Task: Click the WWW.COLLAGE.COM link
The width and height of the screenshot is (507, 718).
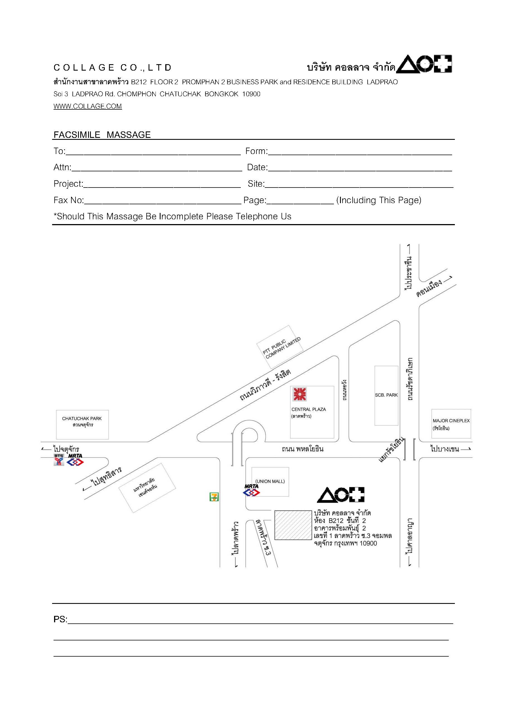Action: click(88, 106)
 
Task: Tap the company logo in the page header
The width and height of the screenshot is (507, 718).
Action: click(424, 64)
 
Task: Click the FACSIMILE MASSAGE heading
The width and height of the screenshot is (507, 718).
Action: click(102, 135)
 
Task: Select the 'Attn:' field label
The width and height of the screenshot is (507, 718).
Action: click(62, 167)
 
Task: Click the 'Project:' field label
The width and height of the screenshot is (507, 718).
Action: click(68, 184)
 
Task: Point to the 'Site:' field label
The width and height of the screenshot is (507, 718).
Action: click(256, 184)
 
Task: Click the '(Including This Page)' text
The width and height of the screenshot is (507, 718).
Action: click(379, 200)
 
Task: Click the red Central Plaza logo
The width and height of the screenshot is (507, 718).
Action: click(299, 394)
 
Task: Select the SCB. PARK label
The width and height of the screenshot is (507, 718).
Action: click(386, 395)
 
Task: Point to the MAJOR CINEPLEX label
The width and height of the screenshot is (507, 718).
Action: click(451, 421)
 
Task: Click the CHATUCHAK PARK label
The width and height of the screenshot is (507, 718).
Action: click(82, 418)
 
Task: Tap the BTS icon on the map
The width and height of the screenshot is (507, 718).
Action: click(59, 460)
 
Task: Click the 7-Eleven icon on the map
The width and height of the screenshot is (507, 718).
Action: click(214, 497)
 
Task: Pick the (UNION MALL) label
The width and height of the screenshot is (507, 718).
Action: click(270, 481)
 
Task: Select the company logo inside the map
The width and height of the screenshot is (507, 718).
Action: click(341, 495)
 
